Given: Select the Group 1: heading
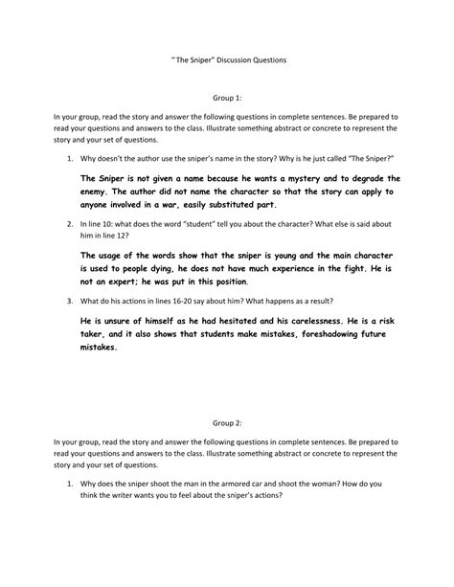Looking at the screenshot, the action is pos(226,98).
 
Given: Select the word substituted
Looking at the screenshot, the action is pos(241,203).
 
